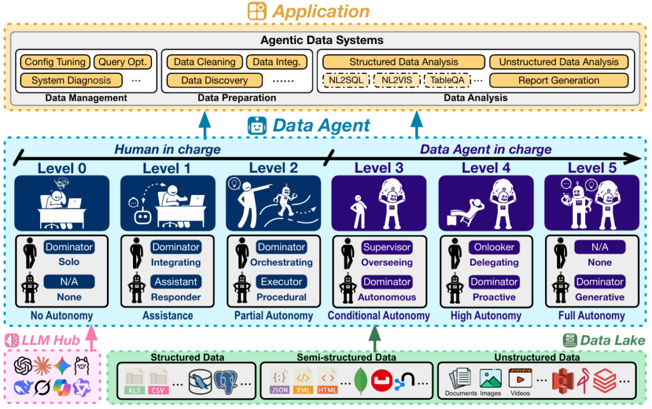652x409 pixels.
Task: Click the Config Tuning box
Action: point(54,62)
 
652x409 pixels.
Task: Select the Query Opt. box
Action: point(124,62)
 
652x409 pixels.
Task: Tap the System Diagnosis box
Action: point(71,81)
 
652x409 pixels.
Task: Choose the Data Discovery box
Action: point(215,81)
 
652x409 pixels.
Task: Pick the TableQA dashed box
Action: point(447,81)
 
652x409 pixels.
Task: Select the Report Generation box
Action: point(558,81)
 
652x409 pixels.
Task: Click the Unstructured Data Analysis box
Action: point(558,62)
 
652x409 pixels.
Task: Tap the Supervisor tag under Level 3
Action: point(387,247)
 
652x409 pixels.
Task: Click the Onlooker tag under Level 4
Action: point(494,247)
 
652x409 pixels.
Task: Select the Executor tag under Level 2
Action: point(281,282)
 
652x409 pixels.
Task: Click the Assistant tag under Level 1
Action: point(176,282)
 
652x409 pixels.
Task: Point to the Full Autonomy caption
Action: point(592,316)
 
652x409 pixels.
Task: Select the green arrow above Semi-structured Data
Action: point(376,335)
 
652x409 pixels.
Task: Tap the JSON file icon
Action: point(278,382)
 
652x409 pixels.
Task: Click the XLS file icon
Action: point(135,382)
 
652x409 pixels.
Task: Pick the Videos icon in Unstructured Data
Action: point(520,381)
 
